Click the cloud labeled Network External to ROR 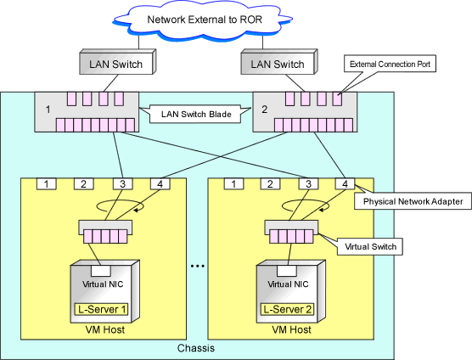[202, 20]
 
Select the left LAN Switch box [118, 62]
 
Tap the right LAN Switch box [279, 62]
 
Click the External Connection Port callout [390, 64]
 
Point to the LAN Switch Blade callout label [195, 114]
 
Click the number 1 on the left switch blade [48, 110]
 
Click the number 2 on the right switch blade [264, 110]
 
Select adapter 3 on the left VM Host [122, 184]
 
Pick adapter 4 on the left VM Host [160, 184]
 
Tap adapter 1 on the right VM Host [233, 184]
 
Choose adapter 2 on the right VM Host [270, 184]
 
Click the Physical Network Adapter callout [413, 201]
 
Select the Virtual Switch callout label [370, 247]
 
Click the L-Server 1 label [102, 309]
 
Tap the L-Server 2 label [288, 309]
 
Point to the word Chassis [196, 348]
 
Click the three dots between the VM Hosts [198, 266]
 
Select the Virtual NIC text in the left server [103, 284]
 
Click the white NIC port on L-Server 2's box [287, 271]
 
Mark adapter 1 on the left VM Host [47, 184]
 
